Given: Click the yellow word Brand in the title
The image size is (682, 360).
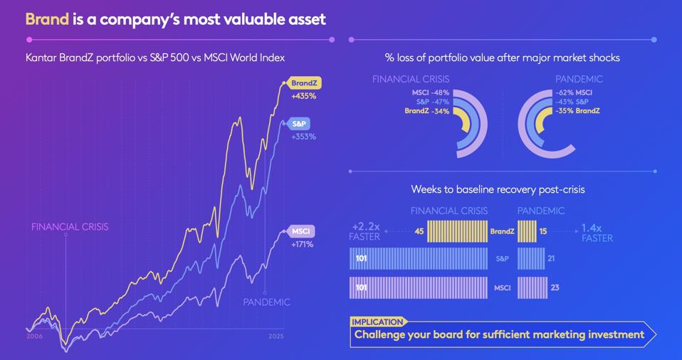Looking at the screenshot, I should [47, 19].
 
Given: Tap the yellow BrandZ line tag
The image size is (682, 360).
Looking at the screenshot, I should [304, 83].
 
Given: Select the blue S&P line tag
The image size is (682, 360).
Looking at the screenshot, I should [298, 124].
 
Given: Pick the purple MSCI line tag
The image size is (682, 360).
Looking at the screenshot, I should [300, 231].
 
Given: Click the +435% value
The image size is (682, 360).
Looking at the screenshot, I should [303, 96].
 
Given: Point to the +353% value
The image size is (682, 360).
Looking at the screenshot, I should [303, 137].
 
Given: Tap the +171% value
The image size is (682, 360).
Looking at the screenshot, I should [302, 244].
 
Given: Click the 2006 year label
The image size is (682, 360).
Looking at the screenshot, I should [34, 336].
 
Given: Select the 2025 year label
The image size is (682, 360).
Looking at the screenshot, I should [276, 336].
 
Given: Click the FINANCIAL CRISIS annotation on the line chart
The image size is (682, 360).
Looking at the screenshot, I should [70, 227].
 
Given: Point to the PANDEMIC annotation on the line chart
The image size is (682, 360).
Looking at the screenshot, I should [266, 302].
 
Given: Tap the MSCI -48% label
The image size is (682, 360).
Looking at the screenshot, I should [430, 92].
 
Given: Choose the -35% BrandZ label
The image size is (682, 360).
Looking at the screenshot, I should [577, 111].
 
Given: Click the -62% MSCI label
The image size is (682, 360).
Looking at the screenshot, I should [574, 92].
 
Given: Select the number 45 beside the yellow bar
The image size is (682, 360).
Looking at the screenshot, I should [419, 231].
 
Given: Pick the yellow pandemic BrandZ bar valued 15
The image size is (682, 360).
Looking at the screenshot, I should [526, 231].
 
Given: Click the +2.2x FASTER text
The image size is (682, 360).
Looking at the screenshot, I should [365, 232].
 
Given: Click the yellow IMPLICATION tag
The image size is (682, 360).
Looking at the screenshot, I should [377, 322].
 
